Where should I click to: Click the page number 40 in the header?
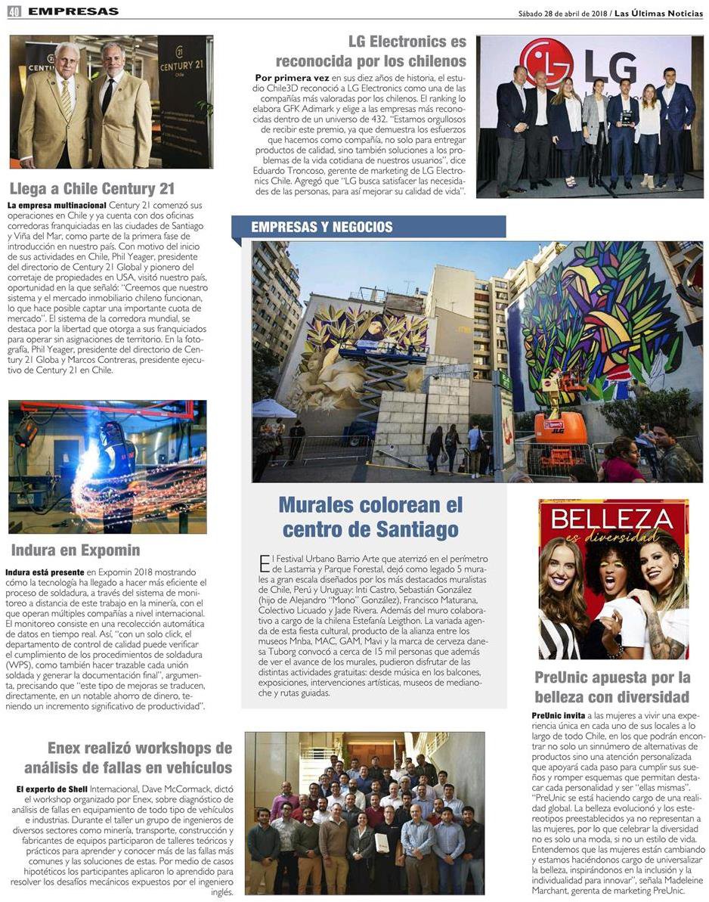click(x=14, y=11)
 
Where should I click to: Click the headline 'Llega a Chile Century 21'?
click(x=92, y=188)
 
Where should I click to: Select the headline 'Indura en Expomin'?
click(x=76, y=550)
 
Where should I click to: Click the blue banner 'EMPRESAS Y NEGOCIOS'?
click(x=322, y=227)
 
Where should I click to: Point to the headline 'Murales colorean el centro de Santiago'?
click(x=370, y=516)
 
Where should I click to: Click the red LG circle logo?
click(x=546, y=64)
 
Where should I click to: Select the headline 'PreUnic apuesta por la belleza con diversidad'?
click(x=612, y=687)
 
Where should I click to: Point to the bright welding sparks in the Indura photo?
click(x=88, y=463)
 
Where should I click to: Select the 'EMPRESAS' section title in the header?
click(x=73, y=11)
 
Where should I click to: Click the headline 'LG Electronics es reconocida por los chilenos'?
click(x=370, y=51)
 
